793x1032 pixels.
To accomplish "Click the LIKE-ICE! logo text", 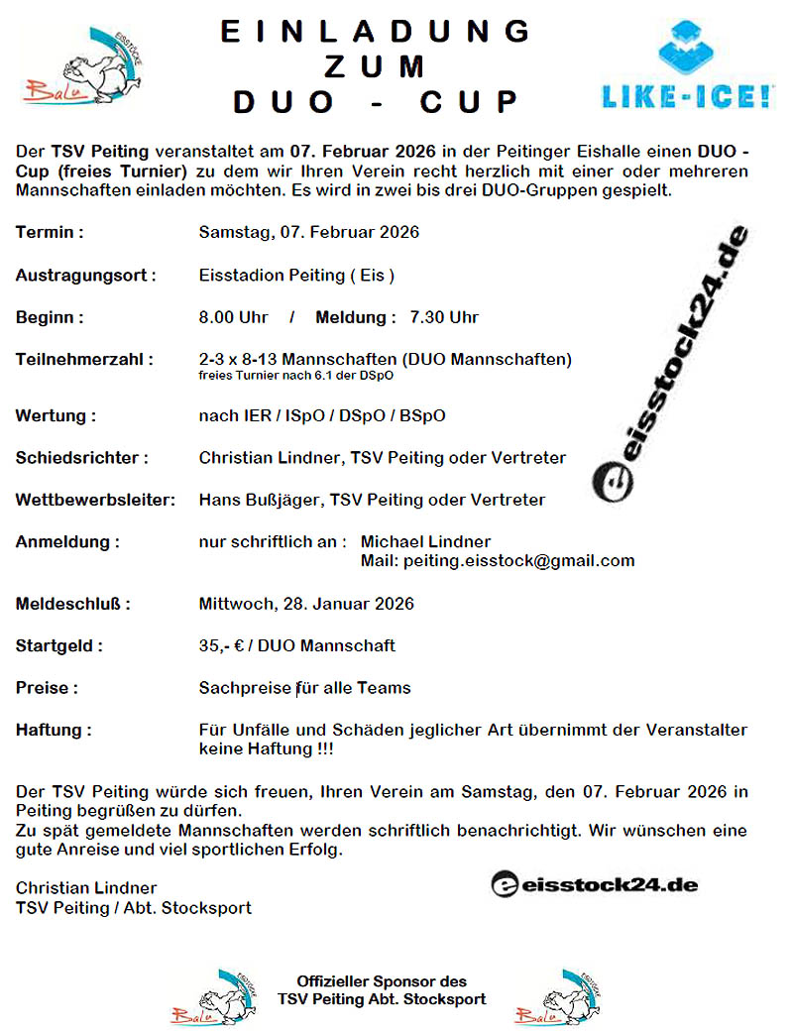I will (x=688, y=96).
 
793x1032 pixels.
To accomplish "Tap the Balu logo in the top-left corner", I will (x=81, y=66).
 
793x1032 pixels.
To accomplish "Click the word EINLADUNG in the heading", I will (x=375, y=31).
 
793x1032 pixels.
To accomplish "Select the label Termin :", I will (x=50, y=232).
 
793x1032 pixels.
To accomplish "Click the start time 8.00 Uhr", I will (x=234, y=317).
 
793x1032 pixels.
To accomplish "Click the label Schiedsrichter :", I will (x=82, y=457).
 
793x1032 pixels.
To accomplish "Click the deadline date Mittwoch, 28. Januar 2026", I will (x=306, y=603).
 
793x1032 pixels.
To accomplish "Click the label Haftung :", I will (x=54, y=730).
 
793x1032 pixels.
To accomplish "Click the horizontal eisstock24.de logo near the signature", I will (x=595, y=883).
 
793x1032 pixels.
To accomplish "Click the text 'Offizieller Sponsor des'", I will (x=382, y=981).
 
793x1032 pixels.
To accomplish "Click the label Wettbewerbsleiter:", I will (x=95, y=500).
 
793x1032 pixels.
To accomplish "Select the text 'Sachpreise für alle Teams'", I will (x=304, y=688).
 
